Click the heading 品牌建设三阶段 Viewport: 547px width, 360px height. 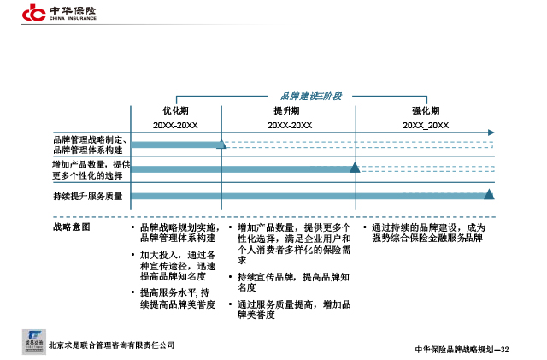point(311,96)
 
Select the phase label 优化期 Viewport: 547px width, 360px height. point(175,112)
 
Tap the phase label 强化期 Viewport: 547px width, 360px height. point(425,112)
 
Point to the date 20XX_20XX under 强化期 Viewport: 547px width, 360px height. point(426,125)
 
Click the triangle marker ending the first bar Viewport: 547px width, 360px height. point(221,144)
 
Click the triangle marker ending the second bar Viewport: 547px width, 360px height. point(355,168)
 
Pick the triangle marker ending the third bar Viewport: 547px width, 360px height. point(489,195)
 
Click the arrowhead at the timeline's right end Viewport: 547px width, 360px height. point(491,133)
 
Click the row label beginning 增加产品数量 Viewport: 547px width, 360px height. point(91,170)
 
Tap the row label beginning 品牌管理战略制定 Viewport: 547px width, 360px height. point(90,144)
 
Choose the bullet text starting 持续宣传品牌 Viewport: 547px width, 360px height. point(291,282)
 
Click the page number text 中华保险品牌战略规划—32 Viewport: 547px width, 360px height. point(462,350)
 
